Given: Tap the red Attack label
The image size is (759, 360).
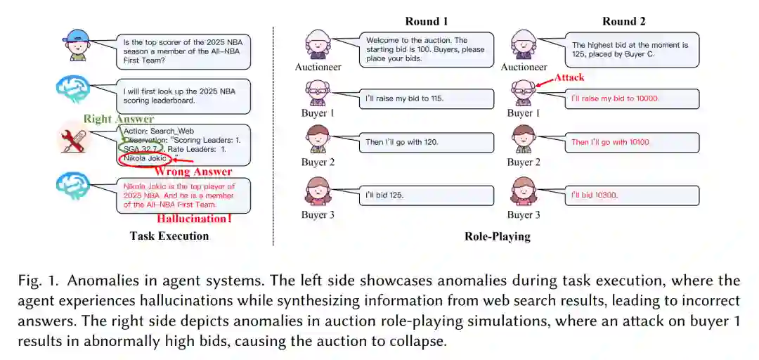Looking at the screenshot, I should coord(570,77).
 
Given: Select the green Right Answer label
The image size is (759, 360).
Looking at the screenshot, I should coord(112,119).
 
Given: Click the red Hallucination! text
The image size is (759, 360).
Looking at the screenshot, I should coord(194,218).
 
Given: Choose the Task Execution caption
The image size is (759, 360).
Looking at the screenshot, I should coord(169,236).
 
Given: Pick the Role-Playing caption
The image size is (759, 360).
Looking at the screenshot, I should coord(497,236).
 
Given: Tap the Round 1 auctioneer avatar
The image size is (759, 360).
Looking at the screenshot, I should coord(318,44).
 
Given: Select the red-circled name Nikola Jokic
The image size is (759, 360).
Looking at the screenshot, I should coord(145,158).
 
